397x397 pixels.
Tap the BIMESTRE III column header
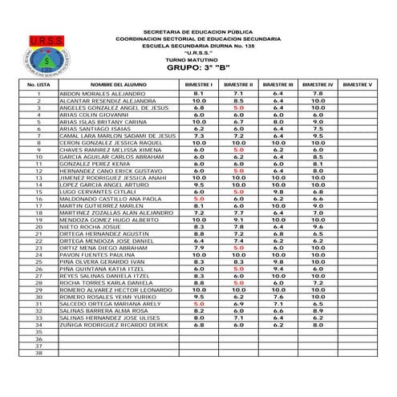(x=277, y=83)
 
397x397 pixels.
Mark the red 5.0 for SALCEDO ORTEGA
(x=199, y=304)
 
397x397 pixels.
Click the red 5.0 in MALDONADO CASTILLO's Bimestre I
(x=199, y=198)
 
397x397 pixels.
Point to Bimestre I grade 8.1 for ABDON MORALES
(x=199, y=94)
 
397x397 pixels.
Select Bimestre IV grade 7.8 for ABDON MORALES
(x=318, y=94)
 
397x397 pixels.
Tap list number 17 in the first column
(x=38, y=205)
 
